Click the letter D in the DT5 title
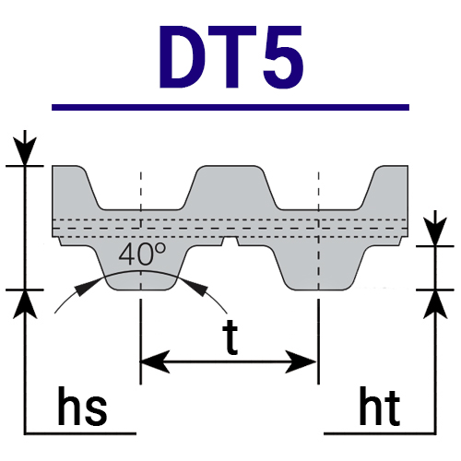point(182,57)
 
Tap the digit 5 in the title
point(284,57)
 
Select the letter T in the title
point(232,57)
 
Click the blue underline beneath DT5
point(230,107)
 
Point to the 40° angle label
point(142,254)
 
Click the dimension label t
point(230,337)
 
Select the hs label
point(82,406)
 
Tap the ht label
point(380,406)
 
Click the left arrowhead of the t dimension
point(155,361)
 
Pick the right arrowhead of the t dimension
point(301,361)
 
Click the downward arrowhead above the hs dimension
point(25,151)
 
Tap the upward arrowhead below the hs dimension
point(25,304)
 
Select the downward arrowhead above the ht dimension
point(435,231)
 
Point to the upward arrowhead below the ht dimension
point(435,304)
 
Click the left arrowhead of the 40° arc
point(85,287)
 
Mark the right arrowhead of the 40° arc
point(196,288)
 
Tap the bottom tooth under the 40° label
point(141,267)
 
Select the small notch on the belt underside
point(230,242)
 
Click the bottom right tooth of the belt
point(320,267)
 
